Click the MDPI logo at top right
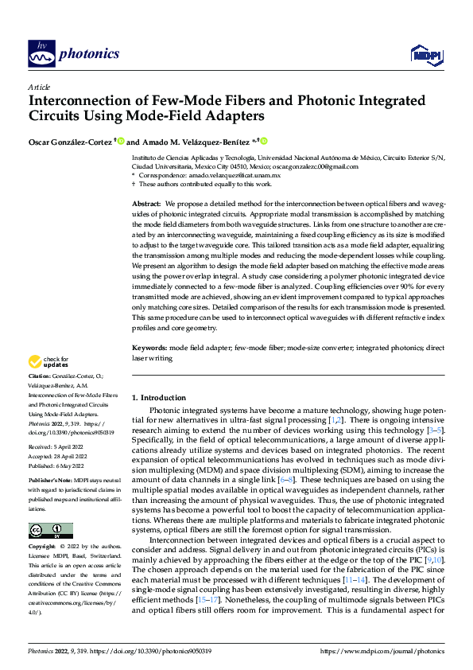tap(425, 54)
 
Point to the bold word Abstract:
tap(146, 204)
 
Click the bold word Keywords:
tap(149, 348)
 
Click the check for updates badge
tap(48, 362)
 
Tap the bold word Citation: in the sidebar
tap(40, 375)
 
